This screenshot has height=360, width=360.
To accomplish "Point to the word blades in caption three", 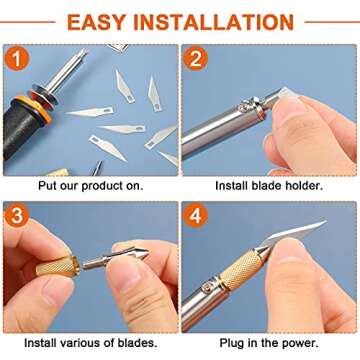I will (x=136, y=341).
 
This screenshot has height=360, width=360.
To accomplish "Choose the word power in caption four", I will (x=307, y=341).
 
